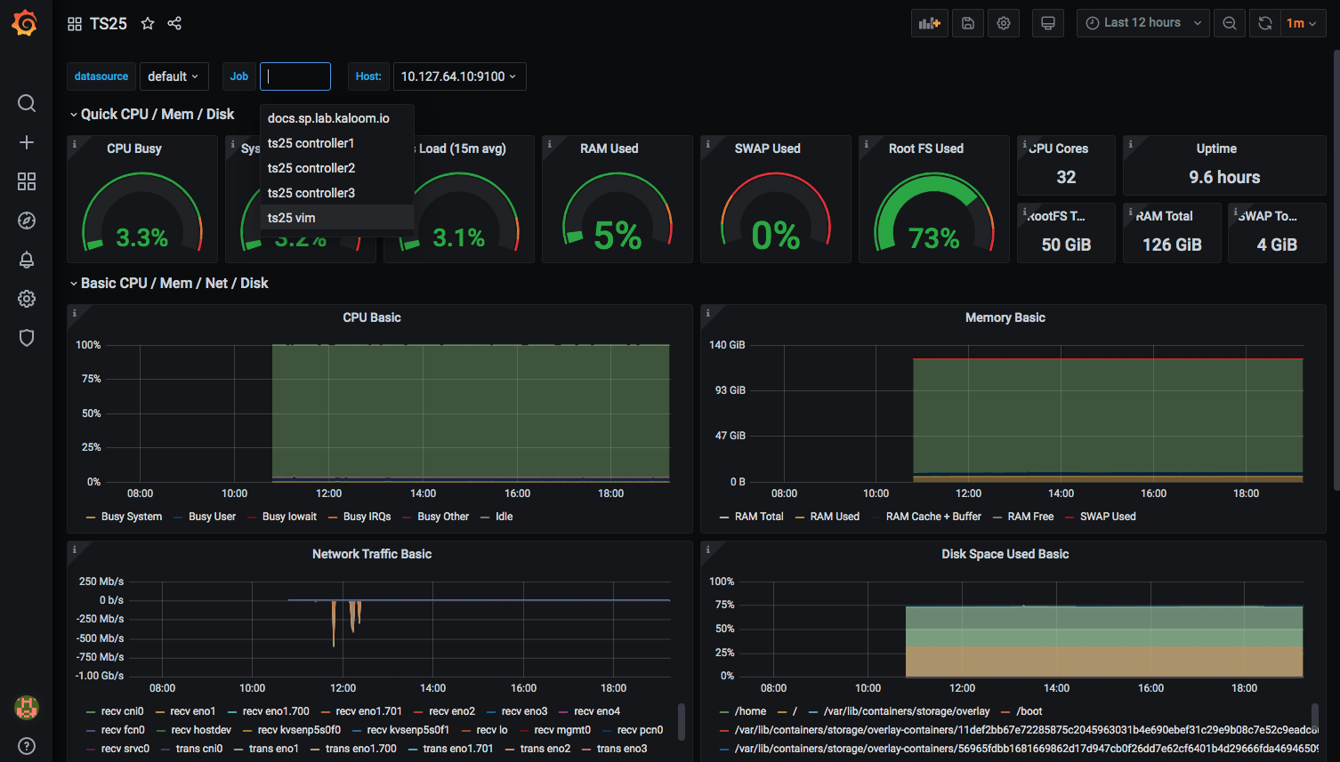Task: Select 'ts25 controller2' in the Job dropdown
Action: (311, 168)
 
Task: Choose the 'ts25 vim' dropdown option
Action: (292, 218)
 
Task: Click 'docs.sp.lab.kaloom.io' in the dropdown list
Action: (328, 118)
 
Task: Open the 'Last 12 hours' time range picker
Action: (1142, 23)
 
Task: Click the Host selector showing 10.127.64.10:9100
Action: (458, 76)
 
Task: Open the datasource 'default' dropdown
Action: (174, 76)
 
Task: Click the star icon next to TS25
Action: (148, 24)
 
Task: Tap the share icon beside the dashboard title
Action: (174, 24)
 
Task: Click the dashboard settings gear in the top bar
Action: (1004, 23)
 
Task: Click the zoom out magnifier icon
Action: (1230, 23)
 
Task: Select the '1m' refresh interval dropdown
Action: (1301, 23)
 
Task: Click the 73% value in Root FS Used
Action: (933, 238)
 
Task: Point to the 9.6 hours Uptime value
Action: (1224, 177)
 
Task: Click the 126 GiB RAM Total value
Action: (1172, 245)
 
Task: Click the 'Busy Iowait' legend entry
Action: (289, 517)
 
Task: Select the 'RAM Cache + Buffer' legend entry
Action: (933, 517)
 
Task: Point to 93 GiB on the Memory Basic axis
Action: (730, 390)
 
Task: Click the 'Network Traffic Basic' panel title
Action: (372, 554)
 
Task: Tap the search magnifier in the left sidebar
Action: (27, 103)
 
